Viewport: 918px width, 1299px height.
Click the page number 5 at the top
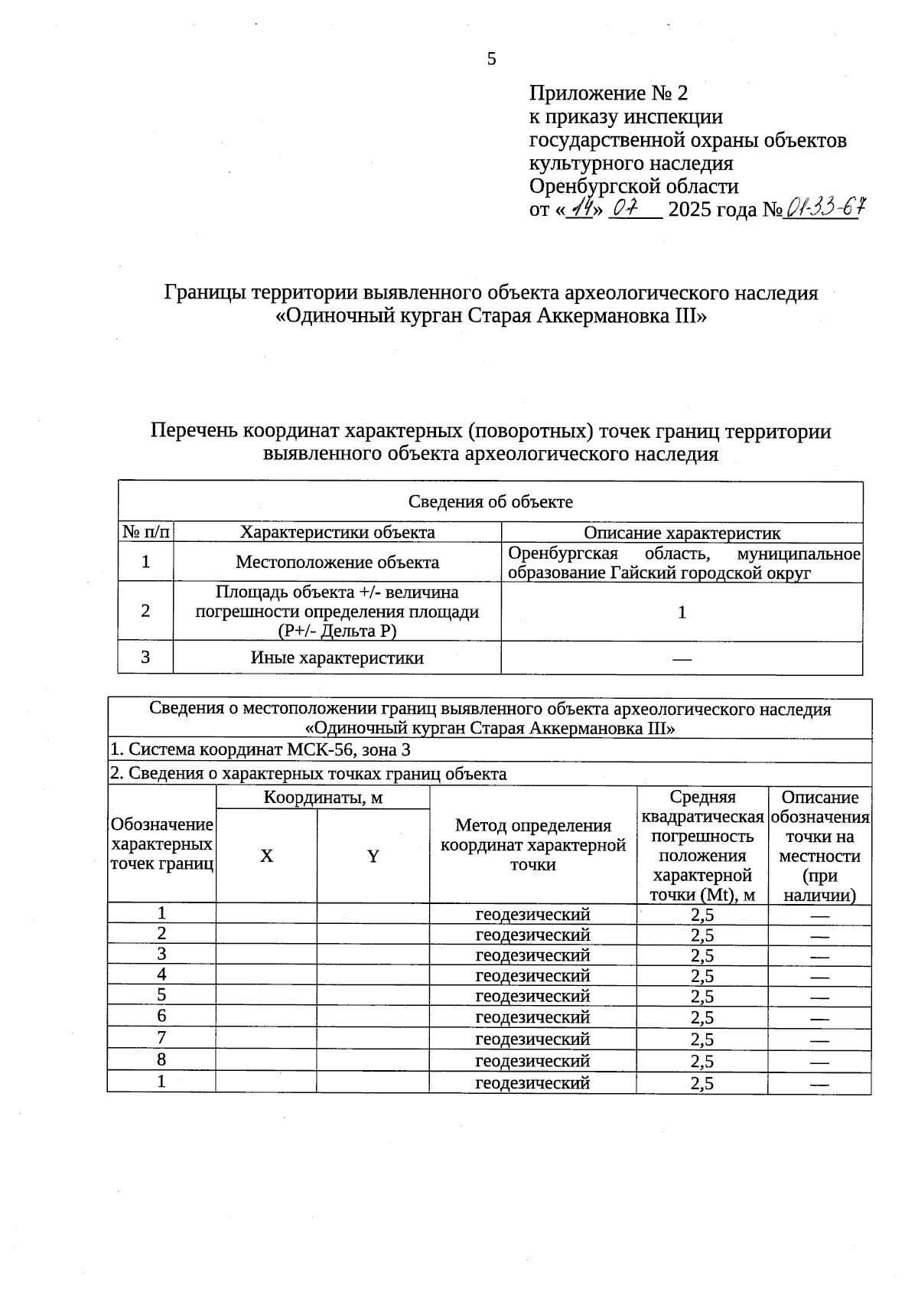(x=491, y=59)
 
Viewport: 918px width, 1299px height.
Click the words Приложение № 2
(x=608, y=93)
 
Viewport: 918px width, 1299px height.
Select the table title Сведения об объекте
(x=490, y=501)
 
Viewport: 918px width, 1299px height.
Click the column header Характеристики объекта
(x=337, y=532)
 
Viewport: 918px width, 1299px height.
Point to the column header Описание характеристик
(x=682, y=533)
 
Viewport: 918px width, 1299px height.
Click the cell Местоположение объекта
(x=337, y=563)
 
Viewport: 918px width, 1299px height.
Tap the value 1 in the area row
(x=682, y=612)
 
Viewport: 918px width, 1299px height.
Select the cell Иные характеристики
(x=337, y=658)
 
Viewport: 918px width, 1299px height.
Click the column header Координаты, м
(x=323, y=798)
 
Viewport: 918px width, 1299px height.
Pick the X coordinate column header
(x=266, y=856)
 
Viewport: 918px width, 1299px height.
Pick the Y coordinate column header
(x=373, y=856)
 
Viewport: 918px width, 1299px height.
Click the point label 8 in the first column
(x=161, y=1059)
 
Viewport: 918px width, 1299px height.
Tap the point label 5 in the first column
(x=161, y=995)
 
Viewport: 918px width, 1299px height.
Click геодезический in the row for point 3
(x=532, y=955)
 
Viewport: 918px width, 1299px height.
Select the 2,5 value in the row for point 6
(x=702, y=1017)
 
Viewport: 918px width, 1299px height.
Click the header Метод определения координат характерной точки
(x=532, y=845)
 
